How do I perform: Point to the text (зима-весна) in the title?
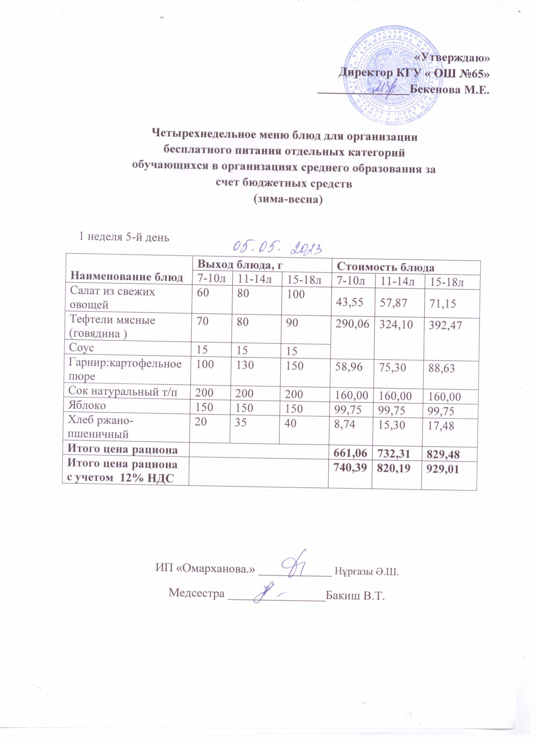pyautogui.click(x=288, y=199)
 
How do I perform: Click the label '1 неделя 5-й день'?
pyautogui.click(x=124, y=237)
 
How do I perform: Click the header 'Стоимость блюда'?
pyautogui.click(x=386, y=267)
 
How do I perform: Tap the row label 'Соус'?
pyautogui.click(x=82, y=348)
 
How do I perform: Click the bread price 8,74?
pyautogui.click(x=345, y=425)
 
